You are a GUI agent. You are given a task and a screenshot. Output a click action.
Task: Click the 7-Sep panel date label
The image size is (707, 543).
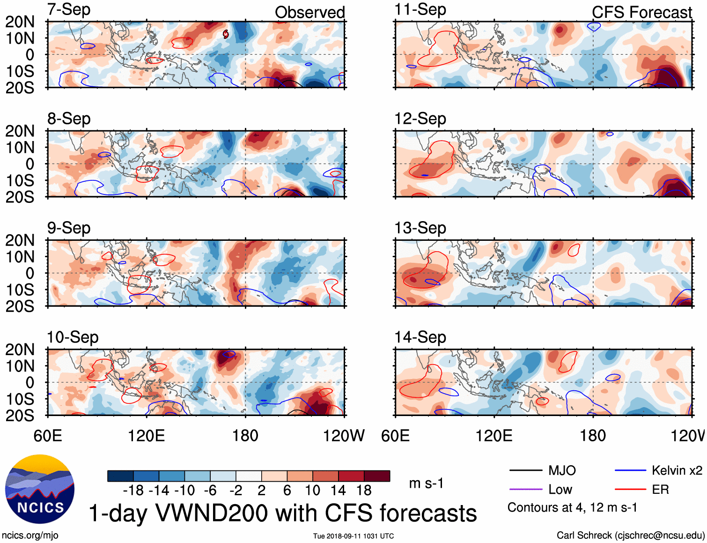(x=69, y=9)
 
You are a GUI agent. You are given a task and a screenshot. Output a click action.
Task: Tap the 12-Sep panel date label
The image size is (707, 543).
(x=420, y=119)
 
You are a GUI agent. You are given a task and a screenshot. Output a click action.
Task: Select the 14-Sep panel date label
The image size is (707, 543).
(x=420, y=337)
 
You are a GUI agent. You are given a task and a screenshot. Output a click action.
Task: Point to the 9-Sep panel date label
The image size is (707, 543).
(x=69, y=228)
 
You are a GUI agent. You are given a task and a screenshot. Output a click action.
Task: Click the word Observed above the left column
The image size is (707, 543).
(x=309, y=13)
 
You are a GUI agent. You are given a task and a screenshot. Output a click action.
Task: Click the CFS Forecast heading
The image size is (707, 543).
(x=641, y=13)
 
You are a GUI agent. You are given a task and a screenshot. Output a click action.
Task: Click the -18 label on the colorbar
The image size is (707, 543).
(x=133, y=491)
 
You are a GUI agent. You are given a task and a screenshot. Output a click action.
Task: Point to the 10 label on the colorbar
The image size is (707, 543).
(x=312, y=491)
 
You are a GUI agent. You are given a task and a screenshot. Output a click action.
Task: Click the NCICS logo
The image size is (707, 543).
(x=40, y=489)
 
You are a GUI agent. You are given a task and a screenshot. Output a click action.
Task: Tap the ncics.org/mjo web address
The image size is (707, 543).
(x=30, y=535)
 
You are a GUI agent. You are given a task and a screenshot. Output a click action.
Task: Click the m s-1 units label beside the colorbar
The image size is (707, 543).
(x=426, y=483)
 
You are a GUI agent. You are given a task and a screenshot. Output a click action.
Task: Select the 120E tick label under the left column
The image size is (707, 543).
(x=146, y=436)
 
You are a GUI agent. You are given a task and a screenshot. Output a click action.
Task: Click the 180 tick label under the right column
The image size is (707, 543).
(x=593, y=436)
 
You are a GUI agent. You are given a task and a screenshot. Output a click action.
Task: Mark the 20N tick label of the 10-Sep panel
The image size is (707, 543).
(x=20, y=350)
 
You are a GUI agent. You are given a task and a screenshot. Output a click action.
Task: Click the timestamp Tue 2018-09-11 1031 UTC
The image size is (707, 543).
(x=353, y=536)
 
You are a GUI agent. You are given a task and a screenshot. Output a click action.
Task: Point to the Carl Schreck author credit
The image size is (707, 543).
(x=630, y=535)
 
